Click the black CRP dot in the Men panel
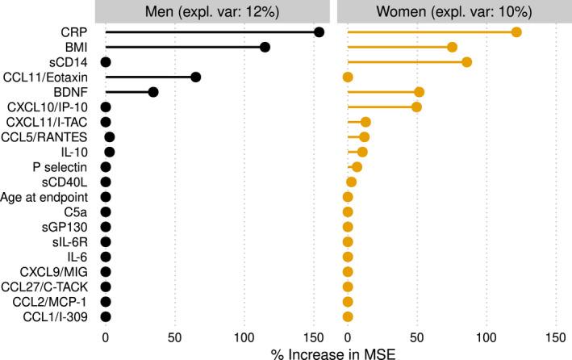319,31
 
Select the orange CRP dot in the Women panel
516,31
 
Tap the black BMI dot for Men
265,47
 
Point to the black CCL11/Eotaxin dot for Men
195,77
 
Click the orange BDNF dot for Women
419,92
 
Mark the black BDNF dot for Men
153,92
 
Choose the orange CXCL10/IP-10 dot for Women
416,107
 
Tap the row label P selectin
65,166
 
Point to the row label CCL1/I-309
60,316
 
